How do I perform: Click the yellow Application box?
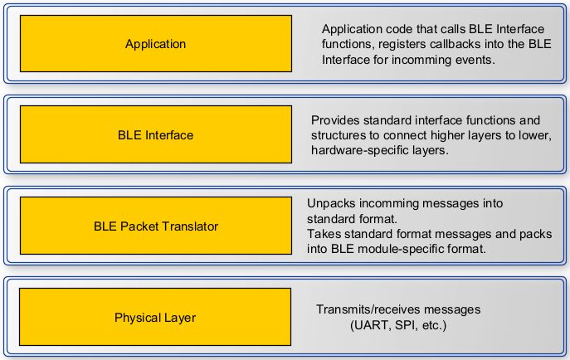click(x=156, y=44)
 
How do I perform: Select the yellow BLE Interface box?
click(x=156, y=134)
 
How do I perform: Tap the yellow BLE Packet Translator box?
click(x=156, y=226)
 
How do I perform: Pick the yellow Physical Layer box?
click(x=155, y=317)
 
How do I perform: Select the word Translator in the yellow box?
click(x=190, y=226)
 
